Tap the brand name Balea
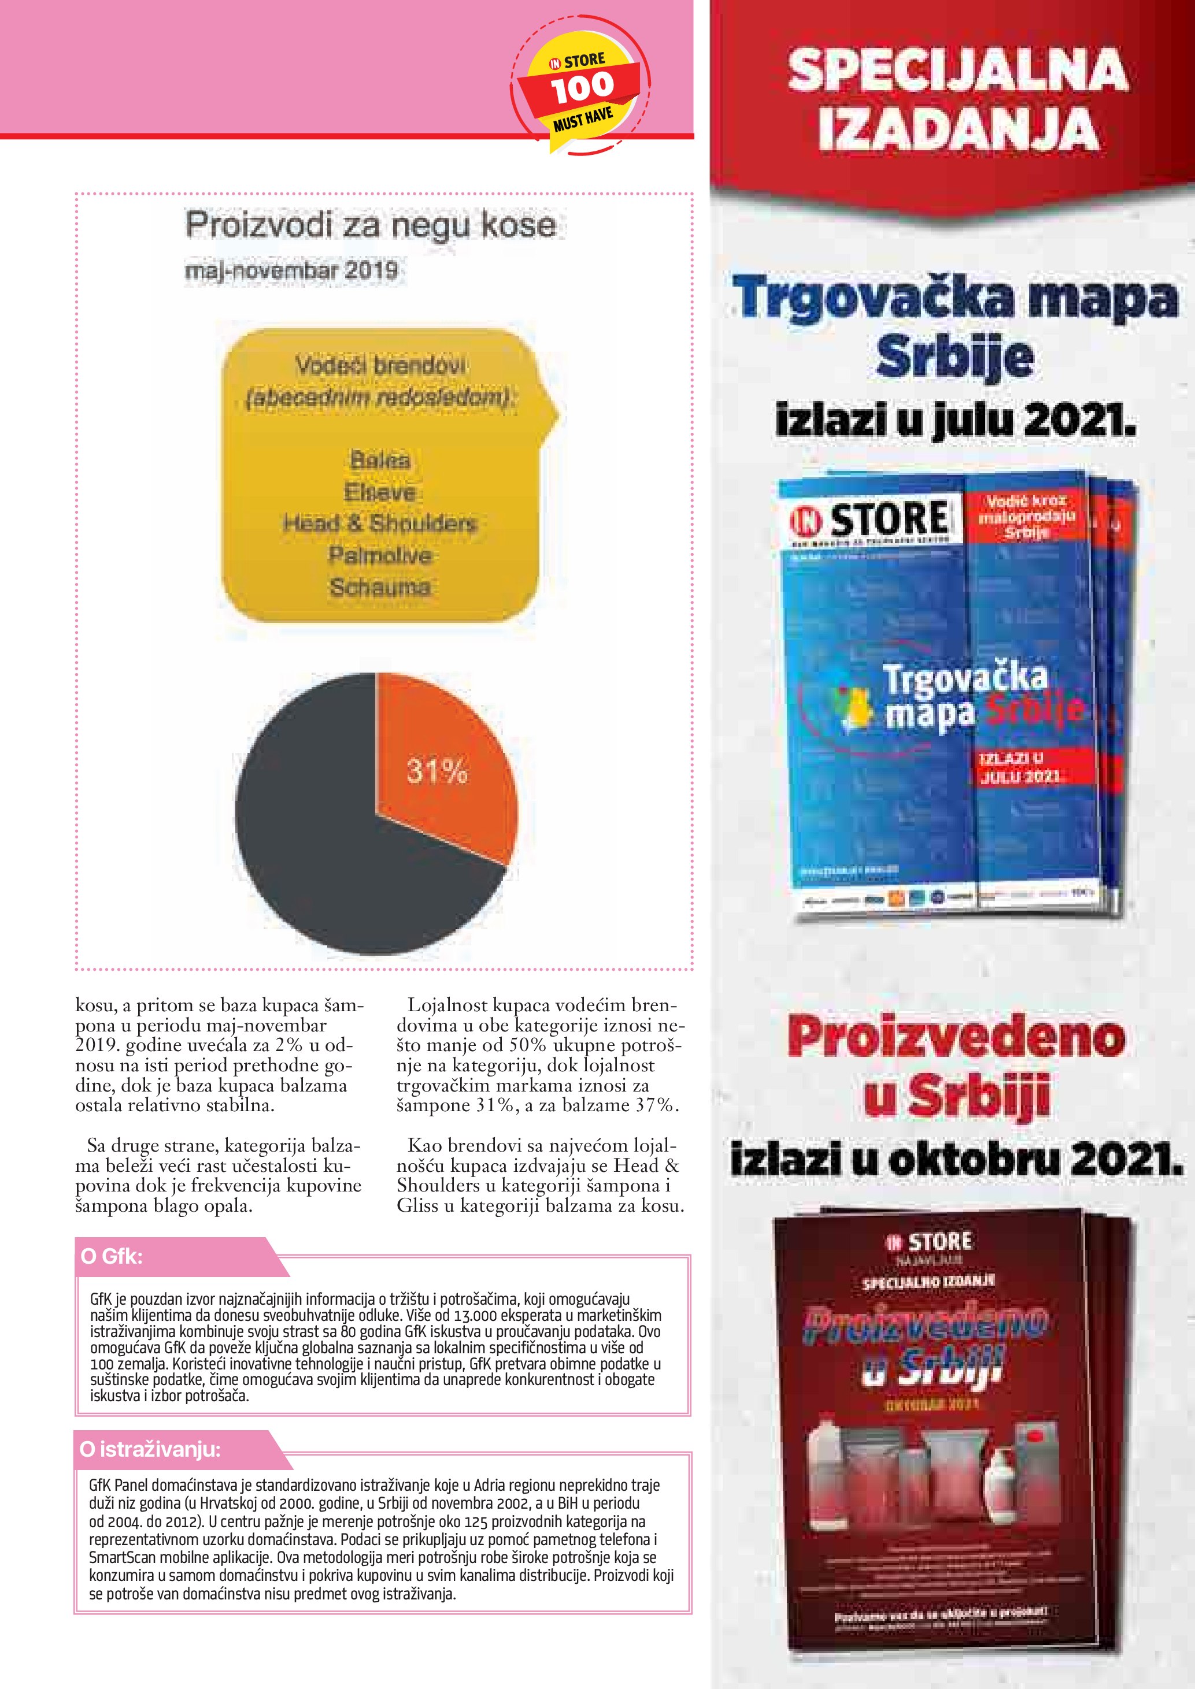[380, 461]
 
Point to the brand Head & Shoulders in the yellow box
[380, 523]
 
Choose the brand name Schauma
[380, 587]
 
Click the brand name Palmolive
[380, 555]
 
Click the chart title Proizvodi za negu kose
[370, 224]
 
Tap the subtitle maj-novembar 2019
[291, 270]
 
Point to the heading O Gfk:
[112, 1256]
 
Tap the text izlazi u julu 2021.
[955, 421]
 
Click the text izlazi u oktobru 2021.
[957, 1160]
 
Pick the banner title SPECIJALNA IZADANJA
[957, 99]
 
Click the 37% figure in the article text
[655, 1105]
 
